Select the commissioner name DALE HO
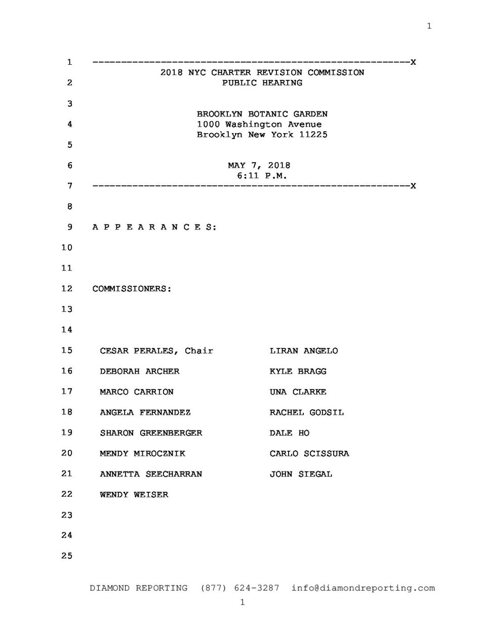[289, 433]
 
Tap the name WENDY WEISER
[134, 495]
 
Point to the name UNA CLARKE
[298, 392]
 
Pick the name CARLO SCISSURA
[309, 454]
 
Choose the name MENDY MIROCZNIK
[142, 454]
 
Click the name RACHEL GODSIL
[306, 413]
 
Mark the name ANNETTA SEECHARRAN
[151, 475]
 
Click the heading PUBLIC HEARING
[262, 83]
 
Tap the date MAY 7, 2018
[259, 166]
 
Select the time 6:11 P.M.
[262, 176]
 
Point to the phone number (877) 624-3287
[240, 588]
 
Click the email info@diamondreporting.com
[363, 588]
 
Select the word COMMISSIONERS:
[132, 289]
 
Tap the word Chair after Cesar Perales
[199, 351]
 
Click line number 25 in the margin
[67, 556]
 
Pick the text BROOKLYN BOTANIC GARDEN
[262, 114]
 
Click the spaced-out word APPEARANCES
[154, 227]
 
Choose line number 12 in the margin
[67, 289]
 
